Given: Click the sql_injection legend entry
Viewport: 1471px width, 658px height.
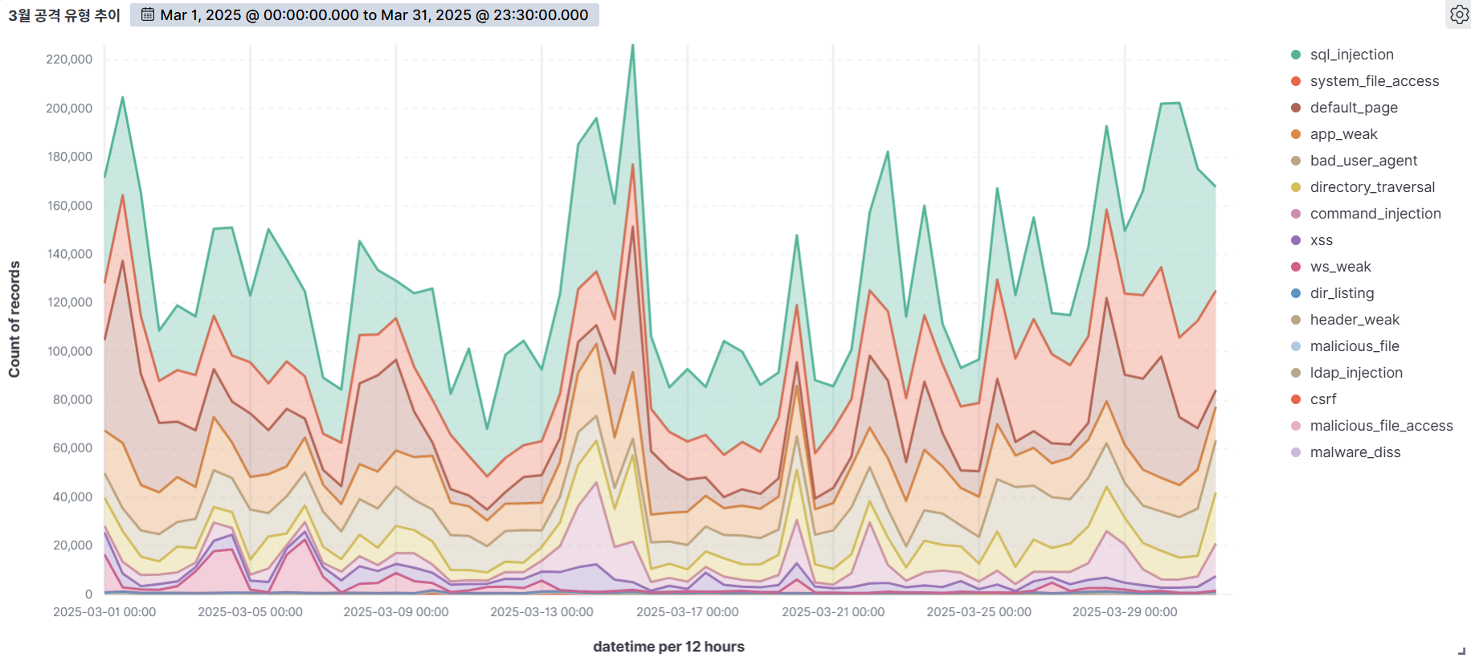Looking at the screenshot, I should (x=1351, y=55).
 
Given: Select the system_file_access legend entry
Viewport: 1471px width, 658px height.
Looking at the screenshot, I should (x=1374, y=81).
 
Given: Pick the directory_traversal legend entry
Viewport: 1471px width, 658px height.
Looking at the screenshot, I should (x=1371, y=187).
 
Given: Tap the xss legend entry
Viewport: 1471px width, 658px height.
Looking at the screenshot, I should (x=1321, y=240).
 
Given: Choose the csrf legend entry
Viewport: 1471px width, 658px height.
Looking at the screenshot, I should (x=1322, y=399).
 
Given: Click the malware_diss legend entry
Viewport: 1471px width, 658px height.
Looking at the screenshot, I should (x=1355, y=452).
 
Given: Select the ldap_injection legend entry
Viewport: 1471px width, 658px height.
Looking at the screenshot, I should (x=1355, y=373).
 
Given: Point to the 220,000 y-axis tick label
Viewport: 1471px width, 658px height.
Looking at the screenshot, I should (x=69, y=59).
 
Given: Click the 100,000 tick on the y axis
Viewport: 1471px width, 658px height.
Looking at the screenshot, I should (x=69, y=351).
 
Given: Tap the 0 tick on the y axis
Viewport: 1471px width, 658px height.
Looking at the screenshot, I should (x=88, y=595).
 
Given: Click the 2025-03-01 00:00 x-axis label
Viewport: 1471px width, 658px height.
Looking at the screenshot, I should (x=104, y=612).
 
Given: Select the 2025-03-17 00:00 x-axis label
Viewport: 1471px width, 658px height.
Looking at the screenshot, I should (x=688, y=612).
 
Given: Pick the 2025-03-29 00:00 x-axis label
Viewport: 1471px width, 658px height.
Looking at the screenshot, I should (x=1125, y=612).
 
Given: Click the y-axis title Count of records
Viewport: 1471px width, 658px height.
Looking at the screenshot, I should (x=14, y=319).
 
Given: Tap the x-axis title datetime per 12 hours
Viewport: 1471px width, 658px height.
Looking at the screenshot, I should (x=668, y=647).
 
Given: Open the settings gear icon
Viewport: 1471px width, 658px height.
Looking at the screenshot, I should (x=1459, y=14).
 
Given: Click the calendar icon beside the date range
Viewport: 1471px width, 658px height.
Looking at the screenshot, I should (x=148, y=14).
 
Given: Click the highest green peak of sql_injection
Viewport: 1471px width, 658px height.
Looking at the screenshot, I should (x=633, y=45).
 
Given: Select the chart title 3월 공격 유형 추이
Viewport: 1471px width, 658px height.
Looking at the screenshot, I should (x=64, y=15).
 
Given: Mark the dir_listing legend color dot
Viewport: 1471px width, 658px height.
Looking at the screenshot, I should (x=1296, y=293).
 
